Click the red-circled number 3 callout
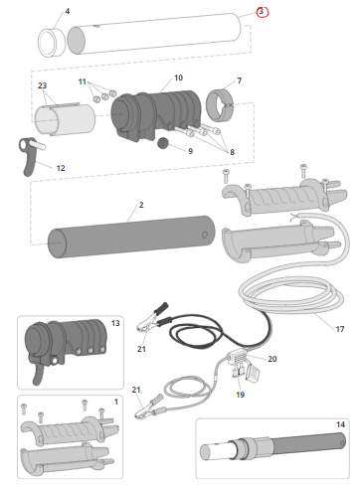[x=262, y=12]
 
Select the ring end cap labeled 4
[x=52, y=43]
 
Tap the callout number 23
[x=42, y=85]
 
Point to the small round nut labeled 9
[x=163, y=143]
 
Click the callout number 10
[x=178, y=78]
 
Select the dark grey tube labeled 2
[x=131, y=237]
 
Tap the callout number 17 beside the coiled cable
[x=340, y=329]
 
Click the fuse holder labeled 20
[x=239, y=358]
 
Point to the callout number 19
[x=240, y=395]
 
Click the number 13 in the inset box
[x=115, y=323]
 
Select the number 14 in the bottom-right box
[x=340, y=424]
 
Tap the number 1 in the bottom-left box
[x=116, y=402]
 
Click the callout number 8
[x=232, y=152]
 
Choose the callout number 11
[x=83, y=81]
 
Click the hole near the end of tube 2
[x=205, y=235]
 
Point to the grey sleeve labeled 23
[x=65, y=119]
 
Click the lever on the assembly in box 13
[x=38, y=374]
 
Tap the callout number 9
[x=190, y=151]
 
